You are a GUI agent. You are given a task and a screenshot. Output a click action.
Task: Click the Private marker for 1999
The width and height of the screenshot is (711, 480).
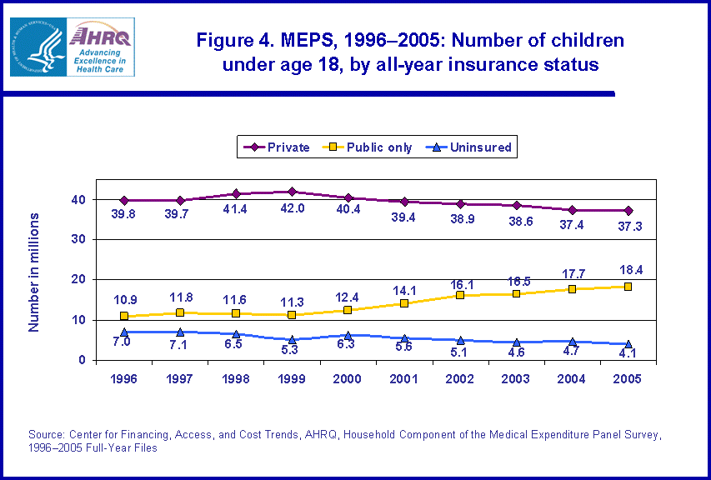tap(292, 192)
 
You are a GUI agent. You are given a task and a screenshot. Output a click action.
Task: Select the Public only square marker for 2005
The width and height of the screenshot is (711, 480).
tap(628, 287)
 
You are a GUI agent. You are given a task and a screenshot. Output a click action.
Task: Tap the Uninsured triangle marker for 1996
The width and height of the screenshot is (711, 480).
tap(124, 332)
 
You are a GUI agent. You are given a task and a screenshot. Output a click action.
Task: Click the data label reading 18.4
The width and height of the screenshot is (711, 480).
tap(628, 269)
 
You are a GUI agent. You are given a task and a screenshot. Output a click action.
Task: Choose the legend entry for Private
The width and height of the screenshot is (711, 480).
tap(276, 147)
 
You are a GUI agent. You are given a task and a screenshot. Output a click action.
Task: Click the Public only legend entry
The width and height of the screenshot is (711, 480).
tap(370, 147)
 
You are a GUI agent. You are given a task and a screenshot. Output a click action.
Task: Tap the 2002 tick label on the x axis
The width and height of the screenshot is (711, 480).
tap(459, 379)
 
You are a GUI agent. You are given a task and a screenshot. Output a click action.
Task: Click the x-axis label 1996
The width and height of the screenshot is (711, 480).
tap(124, 379)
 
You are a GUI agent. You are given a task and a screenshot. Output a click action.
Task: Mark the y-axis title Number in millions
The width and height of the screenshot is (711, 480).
tap(34, 272)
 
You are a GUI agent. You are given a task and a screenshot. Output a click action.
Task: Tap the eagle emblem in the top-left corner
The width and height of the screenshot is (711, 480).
tap(34, 47)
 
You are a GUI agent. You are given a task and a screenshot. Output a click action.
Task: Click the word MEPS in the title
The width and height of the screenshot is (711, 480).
tap(291, 40)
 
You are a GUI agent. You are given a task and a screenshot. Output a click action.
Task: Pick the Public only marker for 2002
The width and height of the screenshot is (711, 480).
tap(460, 295)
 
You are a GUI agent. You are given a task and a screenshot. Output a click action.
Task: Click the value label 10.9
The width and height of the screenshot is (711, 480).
tap(124, 299)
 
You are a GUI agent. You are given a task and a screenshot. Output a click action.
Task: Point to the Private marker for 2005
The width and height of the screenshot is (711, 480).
tap(628, 210)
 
